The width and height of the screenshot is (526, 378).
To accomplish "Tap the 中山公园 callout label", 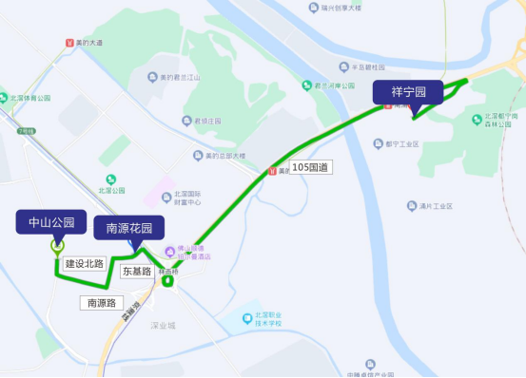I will point(51,223).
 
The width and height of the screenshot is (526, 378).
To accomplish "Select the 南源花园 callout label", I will point(128,228).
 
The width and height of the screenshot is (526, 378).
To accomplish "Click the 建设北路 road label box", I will point(84,263).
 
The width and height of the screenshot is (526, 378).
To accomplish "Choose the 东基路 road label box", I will point(137,271).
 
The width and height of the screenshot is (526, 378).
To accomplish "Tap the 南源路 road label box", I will point(101,303).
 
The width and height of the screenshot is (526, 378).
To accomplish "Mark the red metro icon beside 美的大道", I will point(68,43).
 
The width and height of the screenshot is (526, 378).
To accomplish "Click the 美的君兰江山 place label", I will point(178,77).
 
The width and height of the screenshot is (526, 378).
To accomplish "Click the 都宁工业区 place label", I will point(402,144).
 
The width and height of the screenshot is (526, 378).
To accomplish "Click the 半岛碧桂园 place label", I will point(366,67).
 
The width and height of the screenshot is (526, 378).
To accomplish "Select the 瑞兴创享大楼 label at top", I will point(341,8).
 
